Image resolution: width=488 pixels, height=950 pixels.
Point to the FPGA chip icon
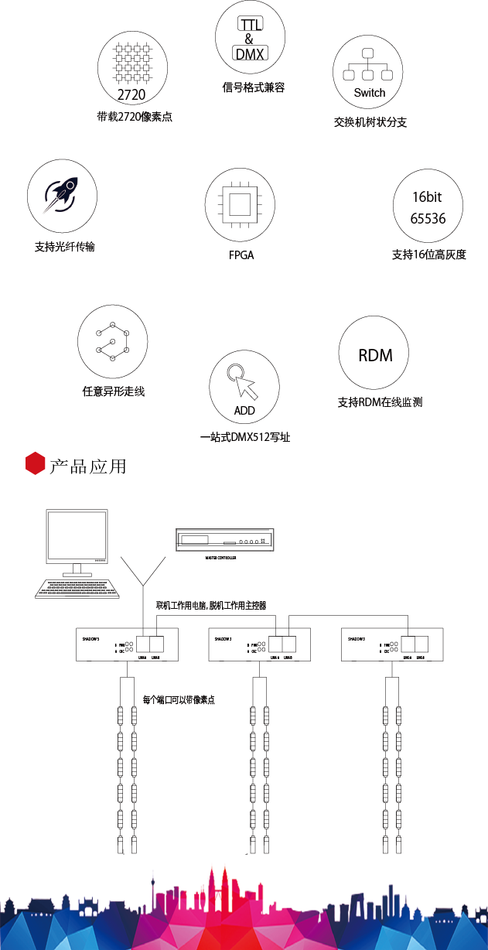(x=240, y=203)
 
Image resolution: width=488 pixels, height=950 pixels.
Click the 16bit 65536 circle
(x=428, y=207)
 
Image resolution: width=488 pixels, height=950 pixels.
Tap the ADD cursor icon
(x=244, y=385)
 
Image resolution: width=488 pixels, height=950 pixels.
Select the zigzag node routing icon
(x=113, y=340)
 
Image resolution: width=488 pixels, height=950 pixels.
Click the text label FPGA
(x=241, y=255)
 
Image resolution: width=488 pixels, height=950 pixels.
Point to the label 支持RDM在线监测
(x=380, y=402)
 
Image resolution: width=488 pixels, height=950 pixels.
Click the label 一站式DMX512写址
(x=244, y=437)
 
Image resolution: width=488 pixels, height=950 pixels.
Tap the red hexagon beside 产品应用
(x=35, y=464)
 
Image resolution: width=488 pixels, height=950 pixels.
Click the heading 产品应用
(x=87, y=466)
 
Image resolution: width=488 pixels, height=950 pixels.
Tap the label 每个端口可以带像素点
(x=179, y=700)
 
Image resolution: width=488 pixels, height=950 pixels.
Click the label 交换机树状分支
(x=370, y=122)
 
